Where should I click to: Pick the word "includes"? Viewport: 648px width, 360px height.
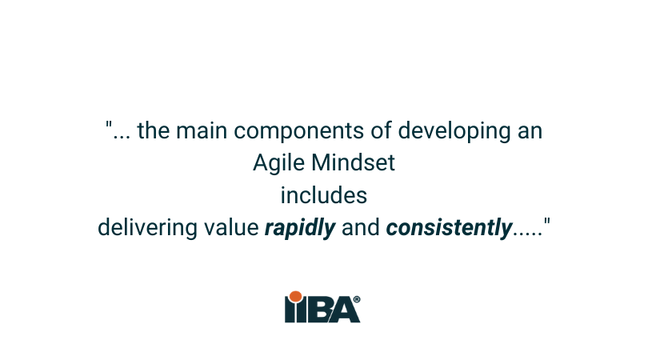click(x=323, y=195)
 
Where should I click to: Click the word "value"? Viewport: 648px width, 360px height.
click(x=231, y=228)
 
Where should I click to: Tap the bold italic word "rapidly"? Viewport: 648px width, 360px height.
click(x=299, y=228)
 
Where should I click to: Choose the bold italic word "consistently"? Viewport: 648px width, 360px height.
click(x=448, y=228)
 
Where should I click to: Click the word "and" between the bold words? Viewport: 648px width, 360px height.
click(x=360, y=228)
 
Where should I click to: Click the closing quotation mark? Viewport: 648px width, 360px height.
click(x=547, y=222)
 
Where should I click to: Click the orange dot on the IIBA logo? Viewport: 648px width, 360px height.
click(x=295, y=298)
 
